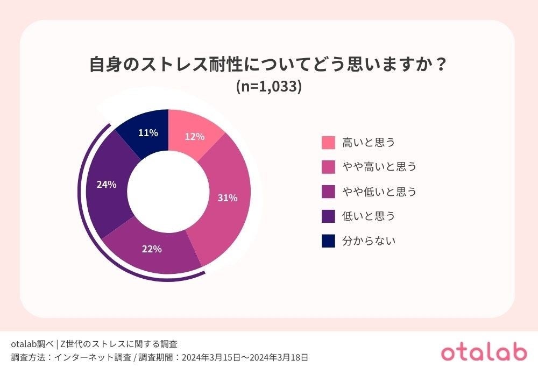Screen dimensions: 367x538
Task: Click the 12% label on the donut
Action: point(194,137)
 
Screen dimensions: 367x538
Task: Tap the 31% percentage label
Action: point(227,198)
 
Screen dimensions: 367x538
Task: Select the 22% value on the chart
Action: point(152,249)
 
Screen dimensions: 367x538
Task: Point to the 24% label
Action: point(107,185)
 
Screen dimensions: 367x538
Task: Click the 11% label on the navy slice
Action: point(147,133)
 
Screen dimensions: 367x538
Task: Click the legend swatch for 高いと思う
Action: point(328,143)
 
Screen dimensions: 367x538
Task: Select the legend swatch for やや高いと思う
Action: point(328,167)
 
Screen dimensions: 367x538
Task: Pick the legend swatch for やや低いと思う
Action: point(328,192)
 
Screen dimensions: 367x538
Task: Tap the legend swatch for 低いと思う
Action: point(328,216)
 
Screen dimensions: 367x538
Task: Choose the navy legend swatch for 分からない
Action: point(328,241)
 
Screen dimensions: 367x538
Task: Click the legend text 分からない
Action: point(369,241)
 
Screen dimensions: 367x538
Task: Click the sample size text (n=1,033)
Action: point(268,87)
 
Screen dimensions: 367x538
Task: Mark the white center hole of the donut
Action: point(168,191)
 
